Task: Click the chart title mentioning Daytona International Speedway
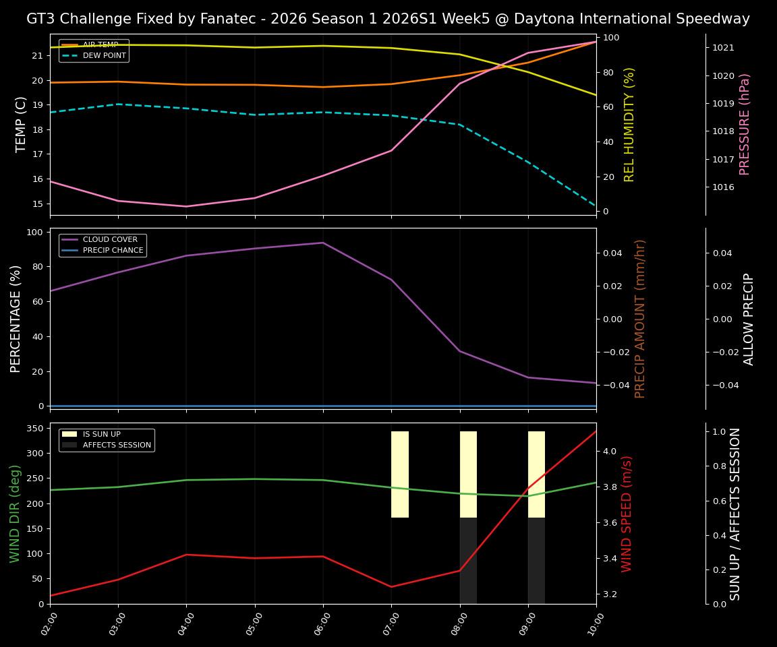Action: coord(388,19)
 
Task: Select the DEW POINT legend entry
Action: coord(104,55)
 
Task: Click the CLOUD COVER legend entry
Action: coord(110,239)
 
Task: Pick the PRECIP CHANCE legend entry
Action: coord(113,251)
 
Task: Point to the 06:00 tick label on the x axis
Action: coord(323,621)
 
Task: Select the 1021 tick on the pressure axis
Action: coord(723,48)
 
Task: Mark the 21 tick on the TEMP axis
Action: coord(38,55)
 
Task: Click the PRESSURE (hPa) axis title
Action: coord(745,124)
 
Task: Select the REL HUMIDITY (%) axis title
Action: coord(629,124)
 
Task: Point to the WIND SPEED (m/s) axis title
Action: coord(627,514)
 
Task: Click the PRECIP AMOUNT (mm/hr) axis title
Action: coord(640,318)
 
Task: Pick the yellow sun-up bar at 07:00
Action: coord(400,474)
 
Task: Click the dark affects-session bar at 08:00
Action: coord(468,560)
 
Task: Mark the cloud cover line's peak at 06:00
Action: coord(323,243)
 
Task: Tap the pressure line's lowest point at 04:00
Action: coord(186,206)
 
